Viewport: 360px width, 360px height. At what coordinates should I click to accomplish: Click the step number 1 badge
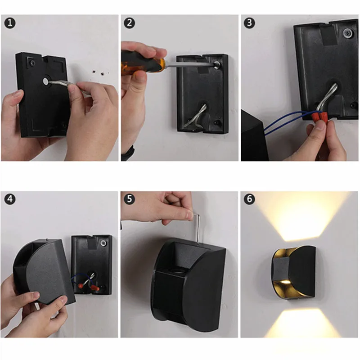10,23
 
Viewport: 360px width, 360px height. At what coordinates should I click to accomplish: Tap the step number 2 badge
129,23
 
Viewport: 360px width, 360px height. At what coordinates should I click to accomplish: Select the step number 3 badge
249,23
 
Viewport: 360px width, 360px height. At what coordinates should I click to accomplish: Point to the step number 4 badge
10,199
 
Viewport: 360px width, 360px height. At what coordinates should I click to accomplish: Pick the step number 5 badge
129,199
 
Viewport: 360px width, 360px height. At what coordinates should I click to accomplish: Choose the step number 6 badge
249,199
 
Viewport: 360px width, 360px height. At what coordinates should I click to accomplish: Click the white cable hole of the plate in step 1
46,81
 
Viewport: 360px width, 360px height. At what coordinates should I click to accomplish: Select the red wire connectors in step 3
319,116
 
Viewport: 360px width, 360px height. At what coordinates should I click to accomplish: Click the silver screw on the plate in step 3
348,33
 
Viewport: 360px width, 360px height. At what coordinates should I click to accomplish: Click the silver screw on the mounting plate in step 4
103,243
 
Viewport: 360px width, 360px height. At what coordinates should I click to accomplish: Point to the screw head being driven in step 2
216,65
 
